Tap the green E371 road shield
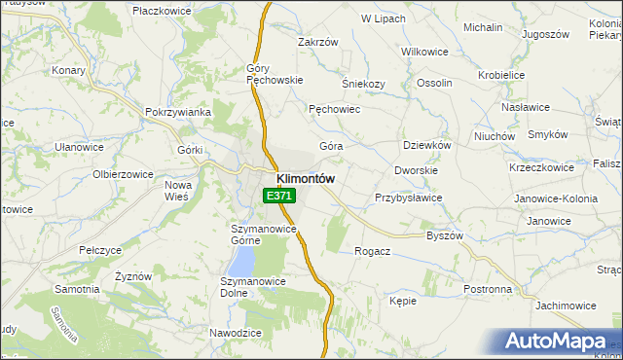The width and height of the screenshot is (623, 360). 278,197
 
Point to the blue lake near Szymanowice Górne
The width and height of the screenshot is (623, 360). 241,260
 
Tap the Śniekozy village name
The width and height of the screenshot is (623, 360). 364,84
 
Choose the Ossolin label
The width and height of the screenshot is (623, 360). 434,84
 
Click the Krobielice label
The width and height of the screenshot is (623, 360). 502,75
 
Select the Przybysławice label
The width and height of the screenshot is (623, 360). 409,198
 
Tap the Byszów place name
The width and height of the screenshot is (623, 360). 445,235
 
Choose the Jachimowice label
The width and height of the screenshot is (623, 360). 565,306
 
